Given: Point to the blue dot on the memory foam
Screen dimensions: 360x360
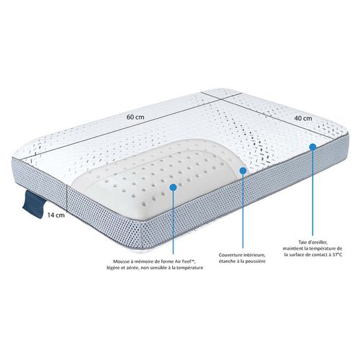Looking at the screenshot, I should coord(174,185).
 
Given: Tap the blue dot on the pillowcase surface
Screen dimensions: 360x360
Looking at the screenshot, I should coord(312,146).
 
